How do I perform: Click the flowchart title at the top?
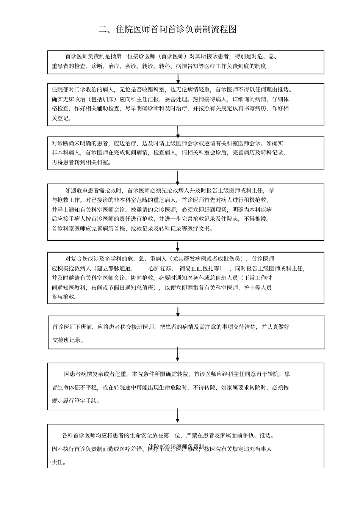click(167, 30)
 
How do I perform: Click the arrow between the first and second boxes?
click(178, 78)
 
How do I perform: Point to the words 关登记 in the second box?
click(61, 118)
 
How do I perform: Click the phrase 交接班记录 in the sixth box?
click(68, 340)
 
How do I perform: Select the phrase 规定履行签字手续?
click(75, 401)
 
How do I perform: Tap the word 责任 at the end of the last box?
click(58, 463)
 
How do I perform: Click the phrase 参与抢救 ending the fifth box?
click(64, 297)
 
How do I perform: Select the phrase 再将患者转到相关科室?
click(81, 162)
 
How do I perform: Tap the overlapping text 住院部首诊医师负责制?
click(177, 446)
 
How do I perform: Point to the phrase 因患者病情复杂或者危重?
click(95, 374)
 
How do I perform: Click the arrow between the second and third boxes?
click(178, 131)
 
